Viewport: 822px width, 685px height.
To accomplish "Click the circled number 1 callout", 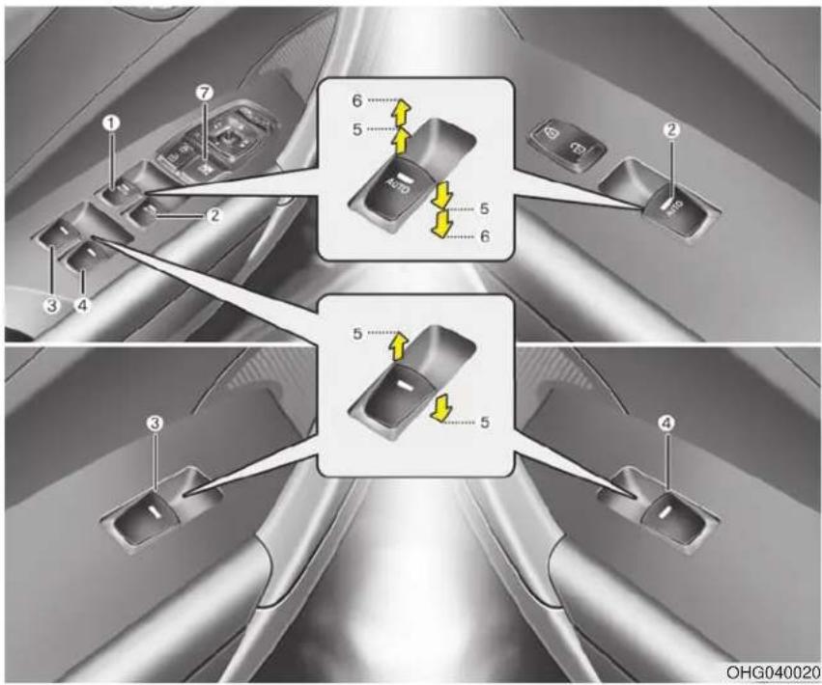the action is pos(111,123).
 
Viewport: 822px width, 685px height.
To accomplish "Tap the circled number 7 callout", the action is pos(205,93).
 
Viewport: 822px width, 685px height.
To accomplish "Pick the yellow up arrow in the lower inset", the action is pos(400,345).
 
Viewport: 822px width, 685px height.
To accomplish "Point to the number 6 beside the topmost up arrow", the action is pos(357,100).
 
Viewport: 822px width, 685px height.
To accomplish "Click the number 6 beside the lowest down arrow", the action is pos(485,236).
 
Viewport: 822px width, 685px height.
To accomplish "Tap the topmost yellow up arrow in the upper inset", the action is pos(401,112).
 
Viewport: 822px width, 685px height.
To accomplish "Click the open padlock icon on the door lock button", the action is pos(576,151).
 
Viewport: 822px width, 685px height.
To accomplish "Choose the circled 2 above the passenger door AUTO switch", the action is pos(672,129).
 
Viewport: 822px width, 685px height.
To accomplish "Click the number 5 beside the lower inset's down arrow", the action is pos(485,423).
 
